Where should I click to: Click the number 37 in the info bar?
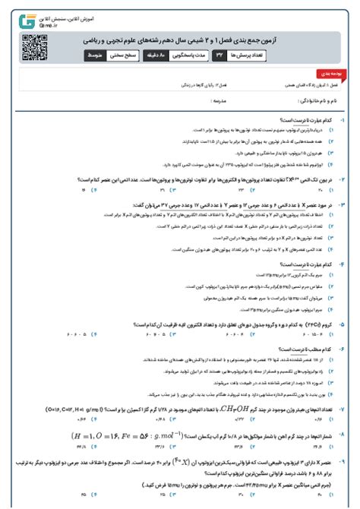click(220, 55)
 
